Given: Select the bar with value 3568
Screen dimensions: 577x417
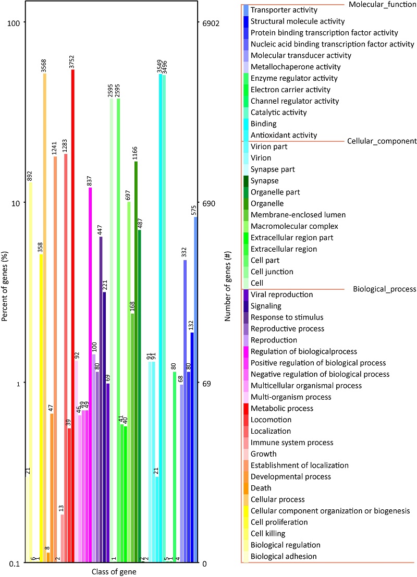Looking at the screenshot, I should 45,318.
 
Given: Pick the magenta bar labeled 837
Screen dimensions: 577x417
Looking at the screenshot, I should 90,375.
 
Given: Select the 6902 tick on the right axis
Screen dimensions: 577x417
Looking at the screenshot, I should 211,23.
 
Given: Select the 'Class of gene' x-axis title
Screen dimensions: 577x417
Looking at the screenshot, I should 113,571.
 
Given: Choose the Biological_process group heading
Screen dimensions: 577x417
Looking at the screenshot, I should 384,289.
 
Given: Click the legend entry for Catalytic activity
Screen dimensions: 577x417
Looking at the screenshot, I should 278,113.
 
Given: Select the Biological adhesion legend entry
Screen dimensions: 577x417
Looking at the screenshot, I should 284,557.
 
